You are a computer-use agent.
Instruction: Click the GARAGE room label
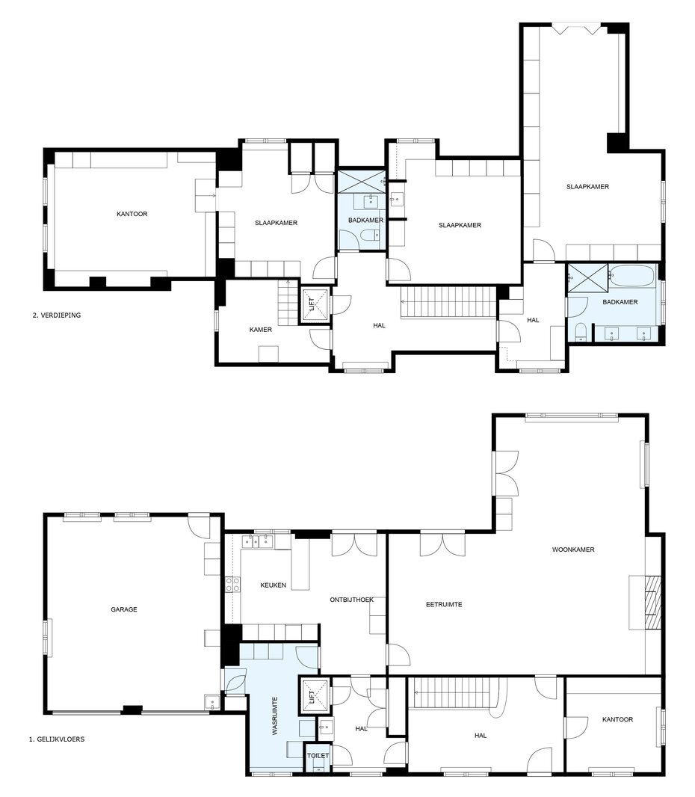tap(124, 609)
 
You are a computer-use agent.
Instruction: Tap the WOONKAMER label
tap(573, 550)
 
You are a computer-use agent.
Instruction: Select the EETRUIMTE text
tap(444, 604)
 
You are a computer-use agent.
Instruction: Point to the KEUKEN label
tap(274, 585)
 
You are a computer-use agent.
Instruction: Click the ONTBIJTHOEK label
tap(351, 600)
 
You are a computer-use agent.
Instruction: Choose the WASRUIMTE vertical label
tap(275, 716)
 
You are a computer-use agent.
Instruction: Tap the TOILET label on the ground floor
tap(318, 756)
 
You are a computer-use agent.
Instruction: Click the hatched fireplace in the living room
tap(653, 603)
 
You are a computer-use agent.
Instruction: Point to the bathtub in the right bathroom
tap(634, 275)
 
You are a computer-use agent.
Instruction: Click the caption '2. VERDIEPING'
tap(56, 316)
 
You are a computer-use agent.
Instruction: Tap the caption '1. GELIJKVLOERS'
tap(56, 739)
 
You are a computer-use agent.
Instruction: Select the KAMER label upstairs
tap(261, 330)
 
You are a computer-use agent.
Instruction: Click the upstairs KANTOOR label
tap(132, 214)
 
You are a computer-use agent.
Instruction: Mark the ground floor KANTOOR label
tap(618, 720)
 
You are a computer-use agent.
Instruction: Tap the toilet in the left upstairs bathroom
tap(369, 234)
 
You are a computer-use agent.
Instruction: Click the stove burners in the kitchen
tap(233, 585)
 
